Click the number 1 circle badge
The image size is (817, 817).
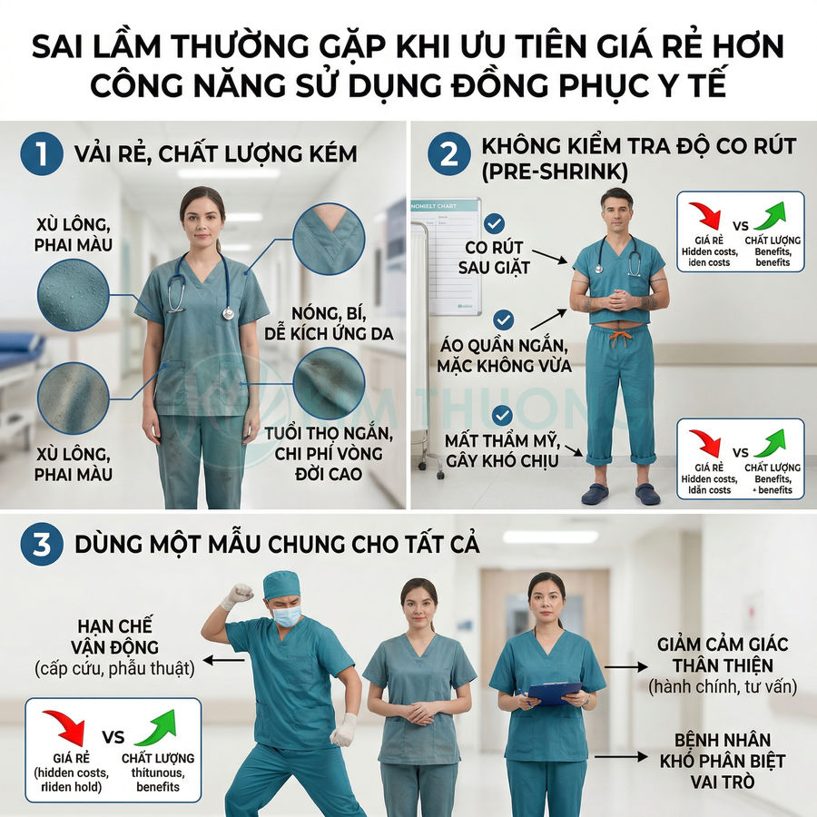coord(42,154)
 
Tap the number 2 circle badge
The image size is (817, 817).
coord(448,154)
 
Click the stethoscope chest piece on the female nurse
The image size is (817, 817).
coord(228,313)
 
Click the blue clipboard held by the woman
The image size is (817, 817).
coord(554,693)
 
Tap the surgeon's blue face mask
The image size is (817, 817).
coord(287,616)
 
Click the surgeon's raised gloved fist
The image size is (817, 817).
coord(238,595)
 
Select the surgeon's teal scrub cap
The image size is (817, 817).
coord(281,585)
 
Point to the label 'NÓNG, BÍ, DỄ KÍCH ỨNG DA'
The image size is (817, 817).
coord(329,323)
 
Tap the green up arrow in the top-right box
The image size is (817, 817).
coord(771,217)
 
